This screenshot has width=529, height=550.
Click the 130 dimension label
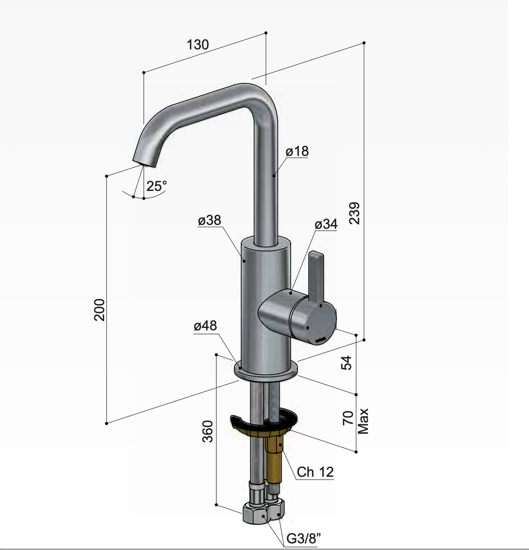198,45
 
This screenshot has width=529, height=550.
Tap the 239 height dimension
355,213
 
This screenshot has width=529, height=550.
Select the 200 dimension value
100,310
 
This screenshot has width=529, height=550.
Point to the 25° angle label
157,186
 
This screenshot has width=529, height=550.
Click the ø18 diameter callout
297,151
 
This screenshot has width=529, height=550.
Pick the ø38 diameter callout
210,220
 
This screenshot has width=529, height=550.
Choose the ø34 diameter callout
326,224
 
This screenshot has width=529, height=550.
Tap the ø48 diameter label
205,325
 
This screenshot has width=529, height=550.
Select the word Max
363,421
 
